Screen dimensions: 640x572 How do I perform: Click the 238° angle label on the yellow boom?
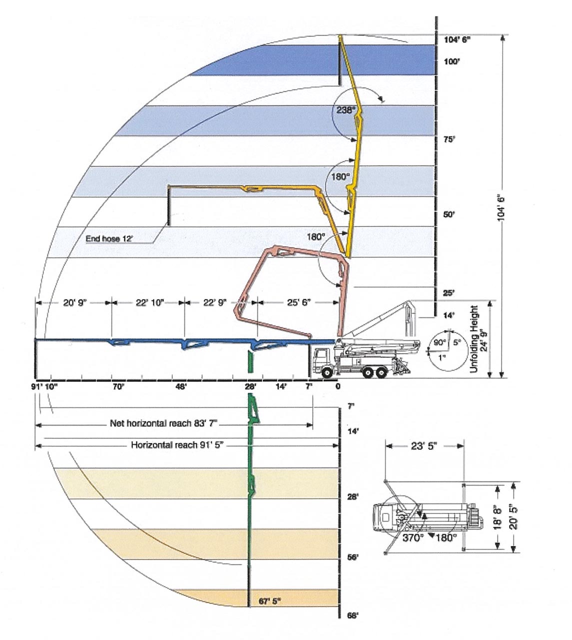[x=345, y=110]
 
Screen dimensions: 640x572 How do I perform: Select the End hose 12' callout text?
[x=109, y=239]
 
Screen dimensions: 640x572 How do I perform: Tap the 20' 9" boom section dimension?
[x=75, y=302]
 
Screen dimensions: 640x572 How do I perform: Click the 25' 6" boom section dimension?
[x=299, y=302]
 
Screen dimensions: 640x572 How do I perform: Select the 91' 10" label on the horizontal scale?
[x=44, y=386]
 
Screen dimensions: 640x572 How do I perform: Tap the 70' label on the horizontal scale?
[x=118, y=386]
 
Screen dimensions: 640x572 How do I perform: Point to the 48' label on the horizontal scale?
[x=180, y=386]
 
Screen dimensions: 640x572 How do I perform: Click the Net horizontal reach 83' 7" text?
[x=164, y=423]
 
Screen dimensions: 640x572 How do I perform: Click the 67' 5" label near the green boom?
[x=270, y=600]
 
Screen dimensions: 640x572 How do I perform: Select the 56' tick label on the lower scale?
[x=353, y=557]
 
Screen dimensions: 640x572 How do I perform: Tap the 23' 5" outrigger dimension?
[x=424, y=446]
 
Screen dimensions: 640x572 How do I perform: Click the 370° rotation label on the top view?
[x=413, y=538]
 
